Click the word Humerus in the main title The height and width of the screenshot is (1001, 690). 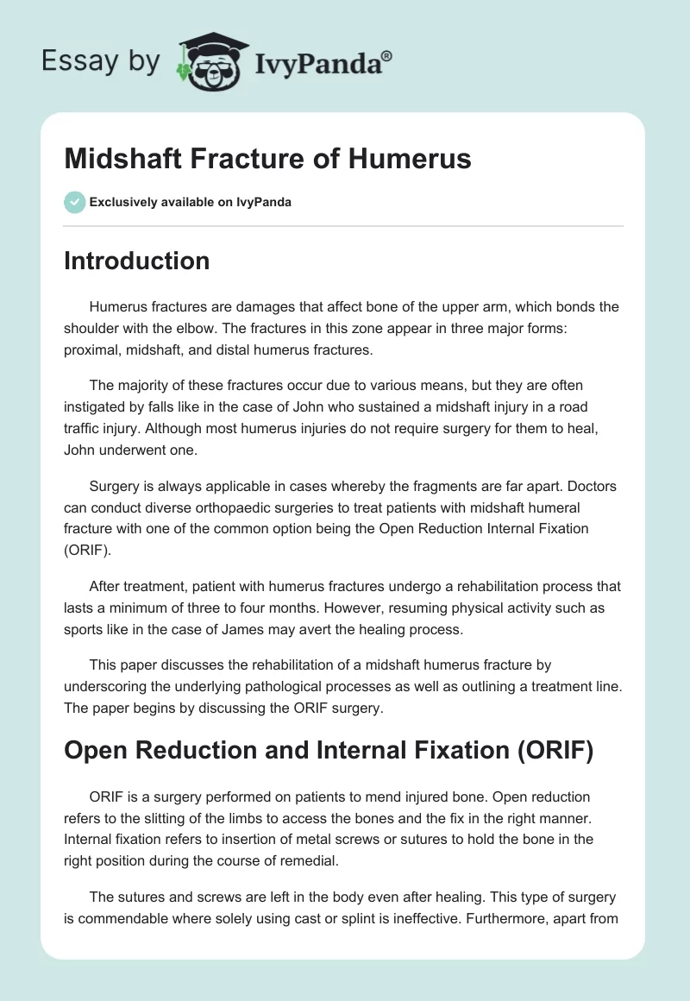click(x=416, y=160)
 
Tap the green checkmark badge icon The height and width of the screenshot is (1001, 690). click(x=74, y=202)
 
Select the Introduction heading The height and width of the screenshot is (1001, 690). click(x=136, y=261)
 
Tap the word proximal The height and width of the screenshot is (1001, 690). click(x=92, y=349)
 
